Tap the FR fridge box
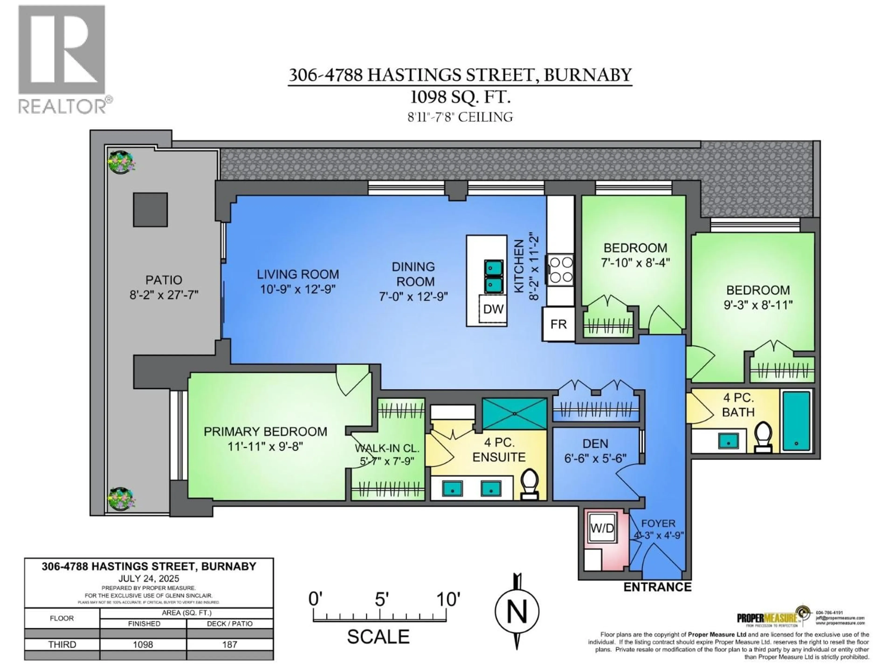click(558, 324)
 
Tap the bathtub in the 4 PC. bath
click(796, 421)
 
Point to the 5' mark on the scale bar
click(380, 600)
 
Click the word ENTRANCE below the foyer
click(657, 587)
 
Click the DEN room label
click(595, 444)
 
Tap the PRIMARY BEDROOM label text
click(265, 431)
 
